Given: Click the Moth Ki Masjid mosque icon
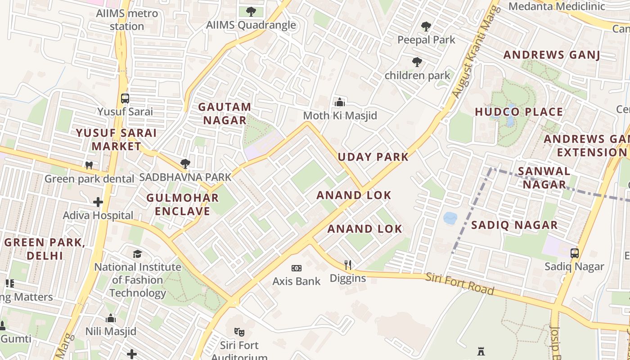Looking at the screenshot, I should tap(340, 102).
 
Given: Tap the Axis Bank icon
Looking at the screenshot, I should tap(296, 268).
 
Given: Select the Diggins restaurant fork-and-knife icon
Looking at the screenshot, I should tap(347, 265).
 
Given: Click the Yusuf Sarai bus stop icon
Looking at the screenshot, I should tap(125, 98).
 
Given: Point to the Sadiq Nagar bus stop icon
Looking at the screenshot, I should tap(575, 253).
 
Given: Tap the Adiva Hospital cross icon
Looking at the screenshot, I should tap(98, 202).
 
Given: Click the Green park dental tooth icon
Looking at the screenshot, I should tap(89, 165).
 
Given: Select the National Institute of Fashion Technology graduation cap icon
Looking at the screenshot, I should tap(138, 254).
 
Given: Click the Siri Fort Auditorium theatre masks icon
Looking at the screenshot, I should tap(239, 332).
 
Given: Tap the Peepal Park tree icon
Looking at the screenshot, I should tap(426, 27).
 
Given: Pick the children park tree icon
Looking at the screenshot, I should tap(417, 62).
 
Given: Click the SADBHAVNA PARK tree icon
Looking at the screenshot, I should tap(185, 164).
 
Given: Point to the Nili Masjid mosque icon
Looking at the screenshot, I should tap(111, 319).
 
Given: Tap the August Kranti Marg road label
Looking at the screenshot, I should tap(476, 52).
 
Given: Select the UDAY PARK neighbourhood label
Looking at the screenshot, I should tap(373, 157).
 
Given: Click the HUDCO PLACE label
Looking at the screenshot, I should tap(519, 112).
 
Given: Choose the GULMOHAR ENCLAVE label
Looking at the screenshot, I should tap(182, 204).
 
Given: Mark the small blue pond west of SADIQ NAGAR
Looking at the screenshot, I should tap(450, 218).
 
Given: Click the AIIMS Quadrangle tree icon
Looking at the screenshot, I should tap(251, 12).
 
